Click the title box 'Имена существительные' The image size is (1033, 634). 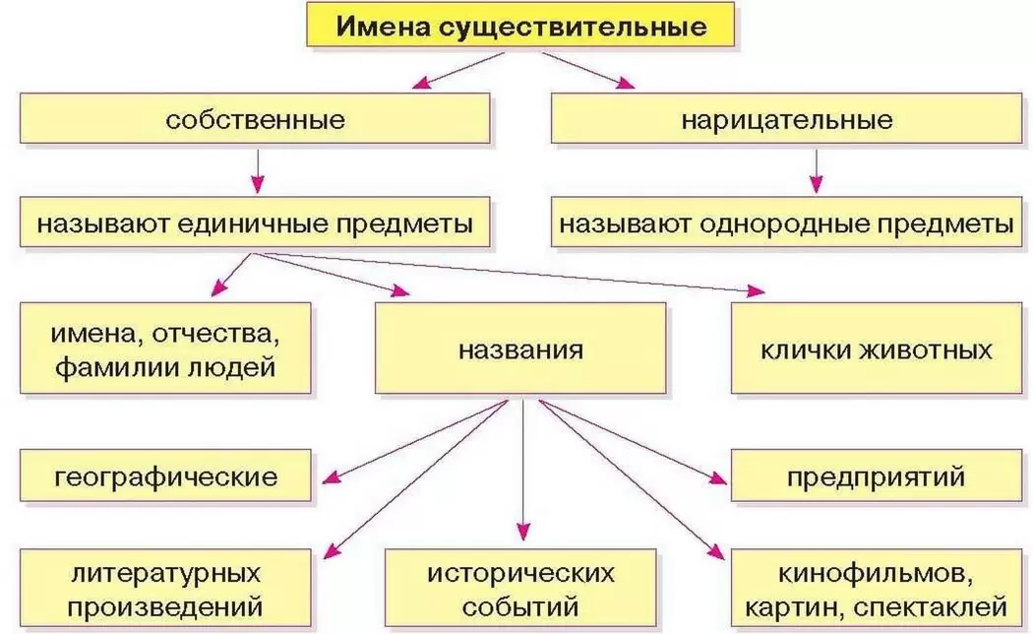coord(521,26)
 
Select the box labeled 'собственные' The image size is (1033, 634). coord(255,120)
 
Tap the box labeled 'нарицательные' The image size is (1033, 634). coord(786,120)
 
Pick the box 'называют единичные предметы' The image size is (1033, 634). coord(255,223)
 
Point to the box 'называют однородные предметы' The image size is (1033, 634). coord(786,223)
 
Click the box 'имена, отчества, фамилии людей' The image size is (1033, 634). coord(165,349)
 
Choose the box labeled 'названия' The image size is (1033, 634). coord(520,349)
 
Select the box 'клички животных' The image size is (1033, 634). coord(876,349)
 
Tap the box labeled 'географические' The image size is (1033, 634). coord(165,477)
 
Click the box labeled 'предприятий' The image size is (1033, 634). coord(876,477)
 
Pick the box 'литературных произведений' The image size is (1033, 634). coord(165,589)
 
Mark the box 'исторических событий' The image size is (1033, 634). coord(520,589)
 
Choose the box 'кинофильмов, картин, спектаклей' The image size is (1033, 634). coord(876,589)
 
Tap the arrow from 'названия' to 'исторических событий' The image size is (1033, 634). coord(522,473)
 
